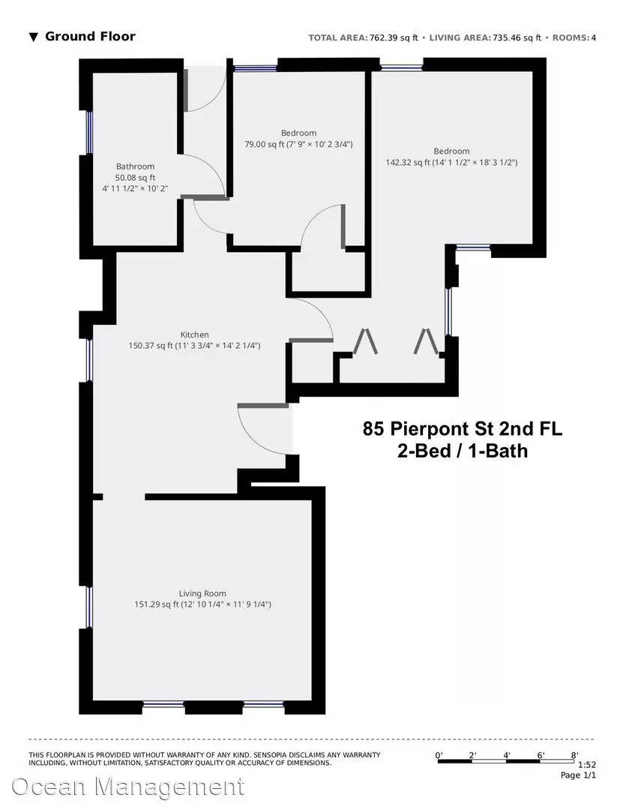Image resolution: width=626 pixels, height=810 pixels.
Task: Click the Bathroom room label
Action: (135, 166)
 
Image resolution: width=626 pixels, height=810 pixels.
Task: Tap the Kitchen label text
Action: (194, 334)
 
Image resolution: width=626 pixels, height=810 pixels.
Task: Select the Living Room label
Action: (202, 592)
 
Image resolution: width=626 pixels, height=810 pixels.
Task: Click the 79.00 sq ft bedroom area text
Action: (298, 144)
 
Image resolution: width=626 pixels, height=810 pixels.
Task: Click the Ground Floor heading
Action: (90, 36)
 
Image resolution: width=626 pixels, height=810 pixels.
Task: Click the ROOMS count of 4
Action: (593, 37)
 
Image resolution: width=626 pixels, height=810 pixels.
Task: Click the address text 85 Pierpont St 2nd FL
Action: (463, 430)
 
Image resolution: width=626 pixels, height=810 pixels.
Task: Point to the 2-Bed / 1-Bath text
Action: (463, 451)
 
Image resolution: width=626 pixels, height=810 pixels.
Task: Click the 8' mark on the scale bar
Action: (574, 755)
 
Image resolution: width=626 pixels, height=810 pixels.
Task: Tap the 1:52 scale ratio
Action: (587, 764)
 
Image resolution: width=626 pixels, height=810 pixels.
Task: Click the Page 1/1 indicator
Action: (580, 775)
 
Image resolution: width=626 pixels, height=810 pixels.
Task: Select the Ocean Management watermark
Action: (127, 787)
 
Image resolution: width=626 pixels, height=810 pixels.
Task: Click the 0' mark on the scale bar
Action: (439, 755)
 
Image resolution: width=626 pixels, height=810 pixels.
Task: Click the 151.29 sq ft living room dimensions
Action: (202, 603)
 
